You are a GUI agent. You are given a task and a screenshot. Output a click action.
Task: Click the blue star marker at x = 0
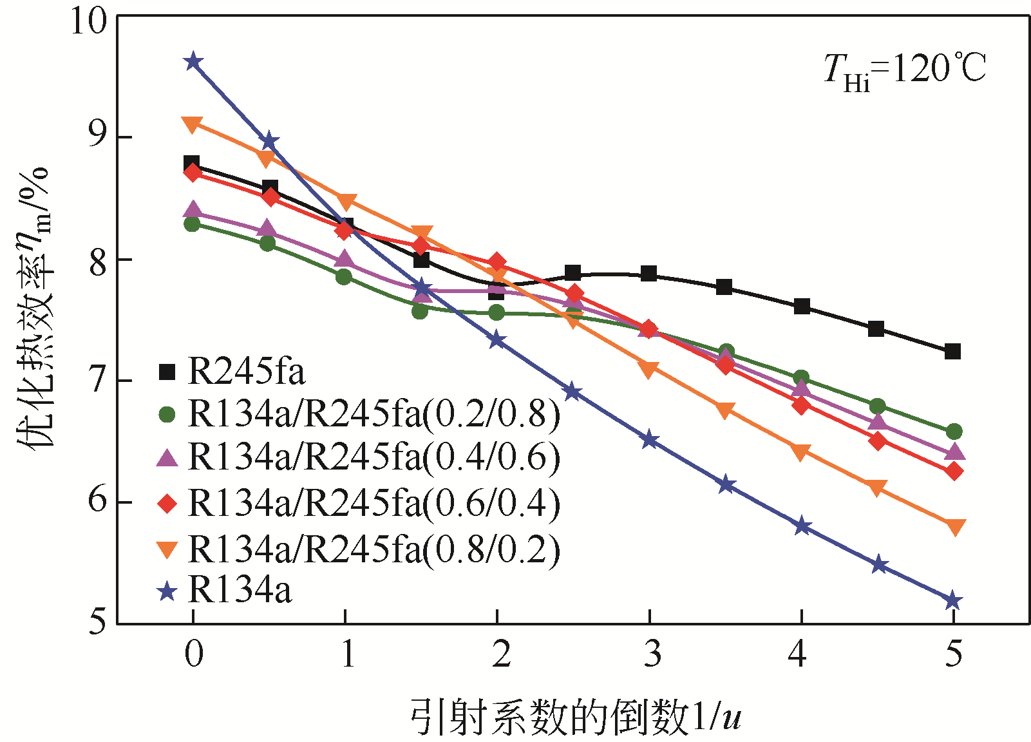[193, 62]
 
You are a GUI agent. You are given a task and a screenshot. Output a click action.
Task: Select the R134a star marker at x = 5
[953, 601]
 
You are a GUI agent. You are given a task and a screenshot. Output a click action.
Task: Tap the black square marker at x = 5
[953, 351]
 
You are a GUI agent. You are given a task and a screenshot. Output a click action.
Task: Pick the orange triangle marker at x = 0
[192, 124]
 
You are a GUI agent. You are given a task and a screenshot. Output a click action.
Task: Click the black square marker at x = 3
[648, 274]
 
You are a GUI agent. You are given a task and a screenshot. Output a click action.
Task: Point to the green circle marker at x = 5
[954, 432]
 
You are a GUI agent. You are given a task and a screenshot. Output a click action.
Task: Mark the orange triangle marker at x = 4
[800, 452]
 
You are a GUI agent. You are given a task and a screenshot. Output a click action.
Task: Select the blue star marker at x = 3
[649, 441]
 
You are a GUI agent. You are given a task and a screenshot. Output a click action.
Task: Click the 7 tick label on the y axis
[98, 381]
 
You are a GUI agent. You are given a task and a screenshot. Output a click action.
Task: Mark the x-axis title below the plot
[575, 717]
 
